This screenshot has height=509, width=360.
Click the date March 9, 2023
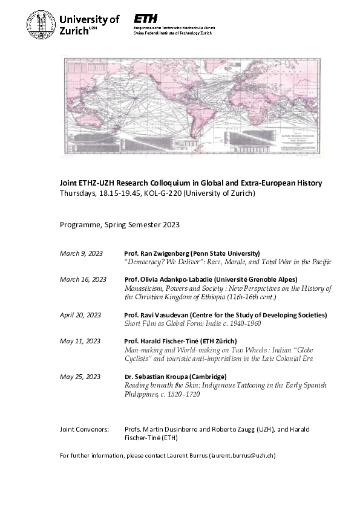[81, 253]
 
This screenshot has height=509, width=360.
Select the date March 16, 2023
[83, 279]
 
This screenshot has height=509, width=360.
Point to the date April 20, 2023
[80, 315]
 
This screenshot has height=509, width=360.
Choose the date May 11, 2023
[80, 341]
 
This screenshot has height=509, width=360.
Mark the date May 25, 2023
[80, 377]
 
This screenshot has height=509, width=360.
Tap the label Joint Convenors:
[84, 429]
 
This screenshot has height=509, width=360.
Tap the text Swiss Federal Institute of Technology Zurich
[172, 33]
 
